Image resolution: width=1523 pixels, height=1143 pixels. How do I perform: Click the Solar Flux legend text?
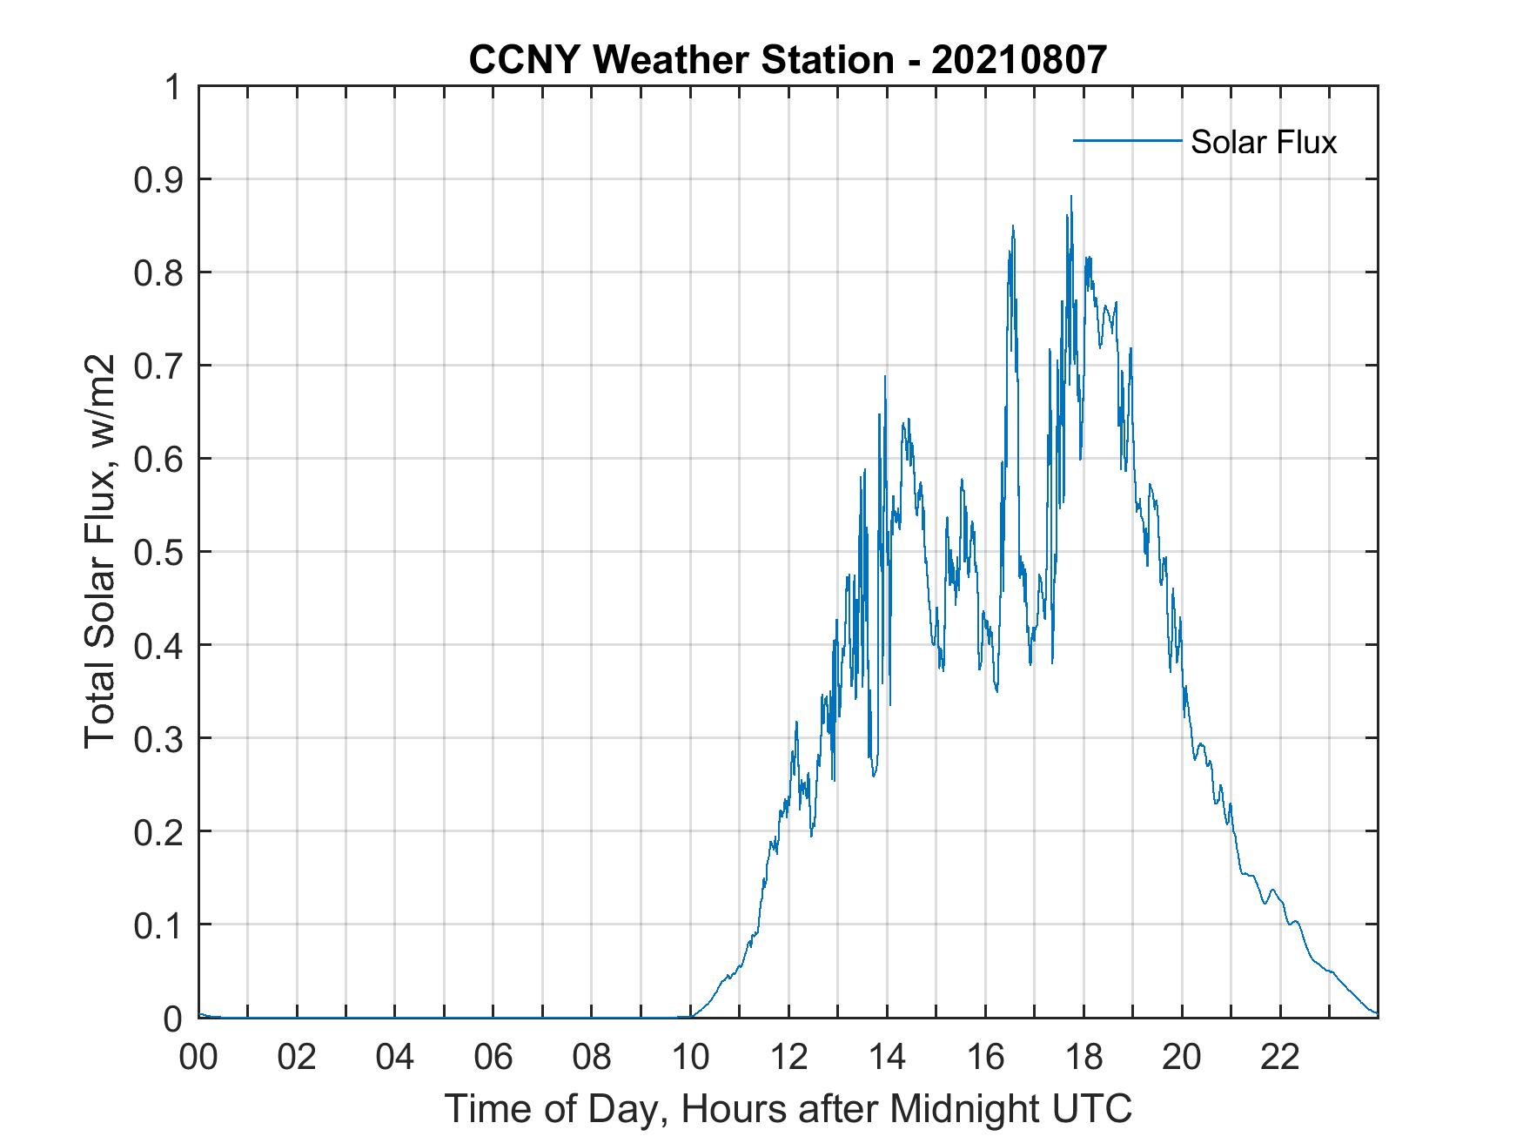pos(1263,142)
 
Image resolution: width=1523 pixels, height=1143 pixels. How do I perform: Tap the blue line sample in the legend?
pos(1126,140)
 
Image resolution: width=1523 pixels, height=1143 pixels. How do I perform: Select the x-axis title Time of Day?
pos(788,1109)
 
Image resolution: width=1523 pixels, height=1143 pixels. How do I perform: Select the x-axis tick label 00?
pos(198,1058)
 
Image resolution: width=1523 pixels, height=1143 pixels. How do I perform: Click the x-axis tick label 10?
pos(690,1058)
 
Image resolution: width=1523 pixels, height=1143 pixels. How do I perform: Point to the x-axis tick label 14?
pos(887,1058)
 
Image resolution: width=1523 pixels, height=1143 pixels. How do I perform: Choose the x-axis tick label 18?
pos(1084,1058)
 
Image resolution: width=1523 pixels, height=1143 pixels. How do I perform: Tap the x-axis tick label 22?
pos(1280,1058)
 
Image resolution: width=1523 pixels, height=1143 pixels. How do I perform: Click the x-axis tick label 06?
pos(493,1058)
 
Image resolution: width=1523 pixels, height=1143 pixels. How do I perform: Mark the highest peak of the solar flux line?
pos(1070,197)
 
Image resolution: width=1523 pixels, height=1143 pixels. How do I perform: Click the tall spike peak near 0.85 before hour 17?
pos(1013,226)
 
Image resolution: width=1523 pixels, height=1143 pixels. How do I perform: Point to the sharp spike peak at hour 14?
pos(885,377)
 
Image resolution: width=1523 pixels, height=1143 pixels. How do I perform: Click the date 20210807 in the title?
pos(1019,60)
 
